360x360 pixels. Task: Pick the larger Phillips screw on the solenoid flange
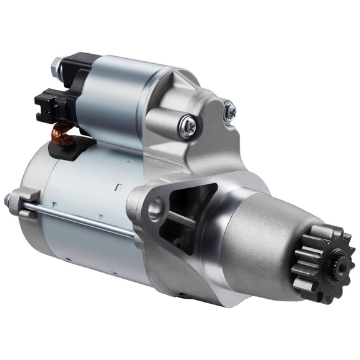pyautogui.click(x=187, y=127)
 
